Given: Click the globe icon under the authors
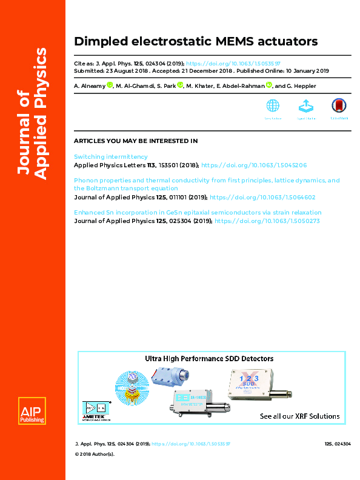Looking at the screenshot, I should click(273, 105).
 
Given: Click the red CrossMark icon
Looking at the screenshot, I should click(338, 106).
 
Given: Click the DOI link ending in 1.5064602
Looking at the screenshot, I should click(264, 197).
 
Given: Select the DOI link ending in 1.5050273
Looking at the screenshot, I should click(267, 221).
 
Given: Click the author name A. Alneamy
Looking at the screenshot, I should click(89, 86).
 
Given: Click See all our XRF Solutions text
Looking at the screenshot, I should click(299, 416).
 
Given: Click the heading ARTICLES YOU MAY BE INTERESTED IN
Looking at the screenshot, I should click(136, 141).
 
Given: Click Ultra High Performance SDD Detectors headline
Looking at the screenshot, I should click(208, 359).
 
